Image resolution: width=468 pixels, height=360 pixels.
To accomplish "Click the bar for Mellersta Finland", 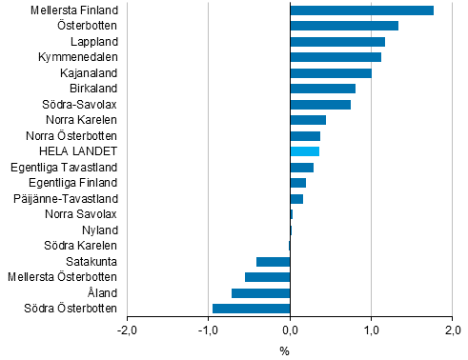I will [361, 10].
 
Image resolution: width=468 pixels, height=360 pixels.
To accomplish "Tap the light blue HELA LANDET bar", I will [304, 151].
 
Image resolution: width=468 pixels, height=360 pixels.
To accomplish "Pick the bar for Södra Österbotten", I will [251, 308].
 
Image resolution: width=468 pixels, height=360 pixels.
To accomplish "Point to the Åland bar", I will [260, 292].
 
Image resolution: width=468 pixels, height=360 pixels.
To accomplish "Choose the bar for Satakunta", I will [273, 261].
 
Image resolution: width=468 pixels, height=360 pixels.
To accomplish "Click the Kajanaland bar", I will [330, 73].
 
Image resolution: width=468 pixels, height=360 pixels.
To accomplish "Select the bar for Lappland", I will [336, 42].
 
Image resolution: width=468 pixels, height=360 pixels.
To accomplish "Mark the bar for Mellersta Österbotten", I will [267, 276].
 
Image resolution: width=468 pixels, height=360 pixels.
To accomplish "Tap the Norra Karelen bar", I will [308, 120].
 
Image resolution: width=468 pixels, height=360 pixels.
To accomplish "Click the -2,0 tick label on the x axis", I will [127, 330].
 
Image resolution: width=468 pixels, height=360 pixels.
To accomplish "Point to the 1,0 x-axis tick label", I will [371, 330].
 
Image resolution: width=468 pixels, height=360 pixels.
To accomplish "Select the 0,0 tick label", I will [290, 330].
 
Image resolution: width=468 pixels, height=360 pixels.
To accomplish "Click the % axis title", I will [284, 350].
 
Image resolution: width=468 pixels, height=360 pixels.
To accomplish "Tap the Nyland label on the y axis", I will [100, 230].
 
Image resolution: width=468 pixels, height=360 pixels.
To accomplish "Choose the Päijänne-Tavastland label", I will [67, 198].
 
